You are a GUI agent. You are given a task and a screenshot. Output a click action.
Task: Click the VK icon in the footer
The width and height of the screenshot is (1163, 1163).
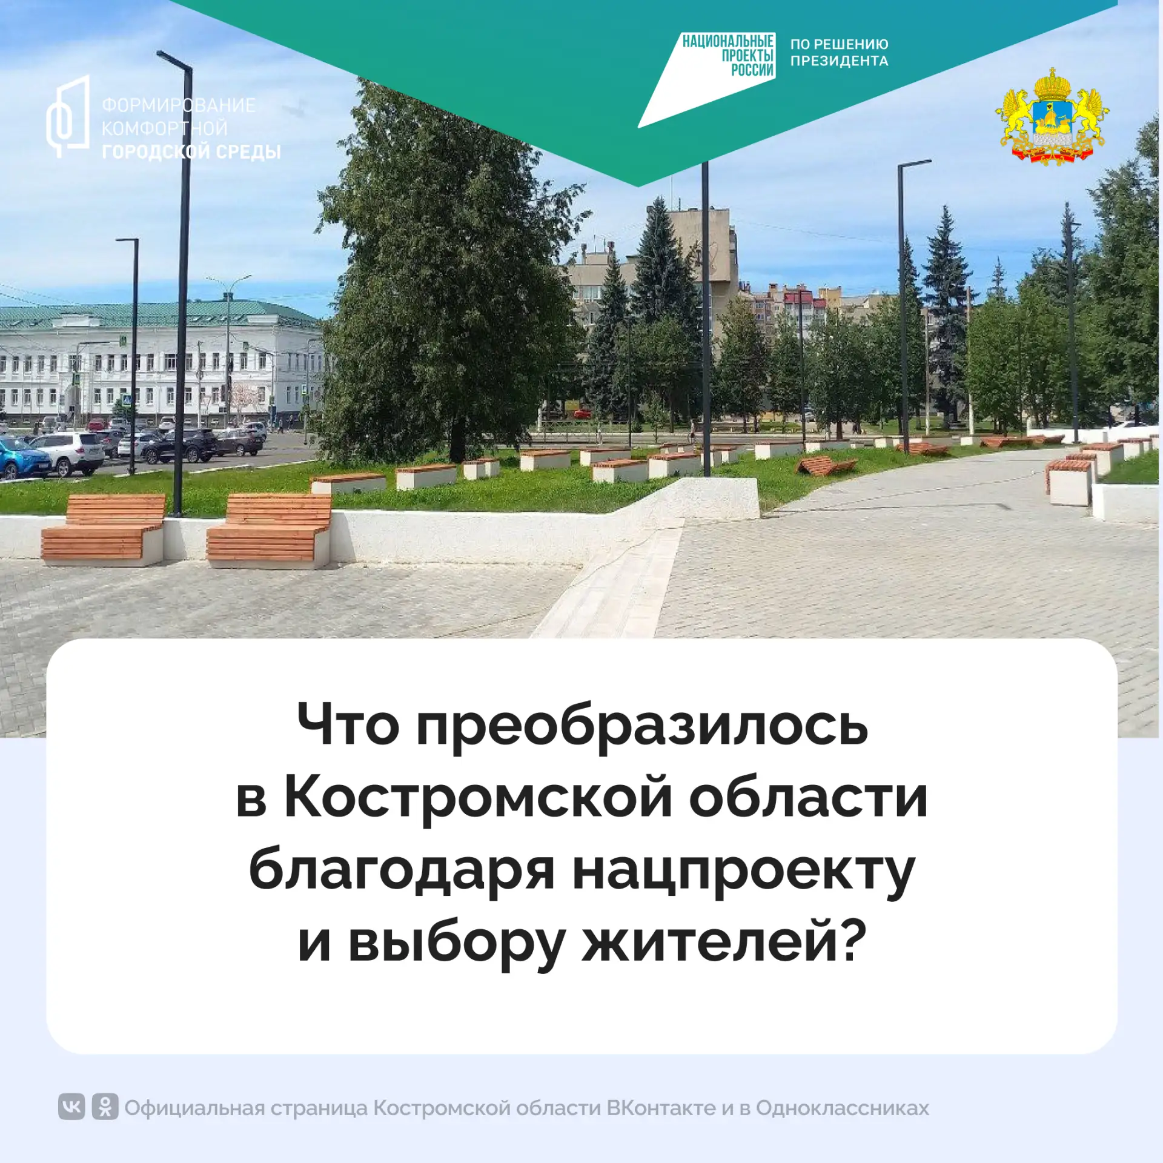coord(71,1108)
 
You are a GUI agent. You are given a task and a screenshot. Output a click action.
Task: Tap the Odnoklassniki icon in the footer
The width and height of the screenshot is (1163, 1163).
coord(105,1108)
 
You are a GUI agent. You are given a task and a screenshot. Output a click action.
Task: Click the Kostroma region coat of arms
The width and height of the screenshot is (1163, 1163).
coord(1052,116)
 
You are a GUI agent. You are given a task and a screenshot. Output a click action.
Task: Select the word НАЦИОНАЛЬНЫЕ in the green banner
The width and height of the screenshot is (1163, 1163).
coord(728,41)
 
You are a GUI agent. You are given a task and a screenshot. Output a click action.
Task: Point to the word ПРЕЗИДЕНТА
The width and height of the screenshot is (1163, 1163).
coord(840,61)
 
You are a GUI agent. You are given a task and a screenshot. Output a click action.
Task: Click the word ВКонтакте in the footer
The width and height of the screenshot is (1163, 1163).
coord(661,1108)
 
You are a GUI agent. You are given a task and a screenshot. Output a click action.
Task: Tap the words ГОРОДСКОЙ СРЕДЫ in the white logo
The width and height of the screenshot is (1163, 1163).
coord(191,151)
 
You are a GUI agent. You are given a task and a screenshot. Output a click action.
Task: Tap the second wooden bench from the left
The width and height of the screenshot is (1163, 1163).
coord(269,530)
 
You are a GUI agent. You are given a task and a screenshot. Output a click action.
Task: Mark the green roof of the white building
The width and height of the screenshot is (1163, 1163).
coord(159,314)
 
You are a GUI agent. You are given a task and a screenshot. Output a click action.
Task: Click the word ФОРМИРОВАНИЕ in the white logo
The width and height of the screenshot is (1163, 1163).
coord(179,105)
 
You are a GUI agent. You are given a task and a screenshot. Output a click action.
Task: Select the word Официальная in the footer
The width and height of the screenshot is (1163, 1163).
coord(195,1108)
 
